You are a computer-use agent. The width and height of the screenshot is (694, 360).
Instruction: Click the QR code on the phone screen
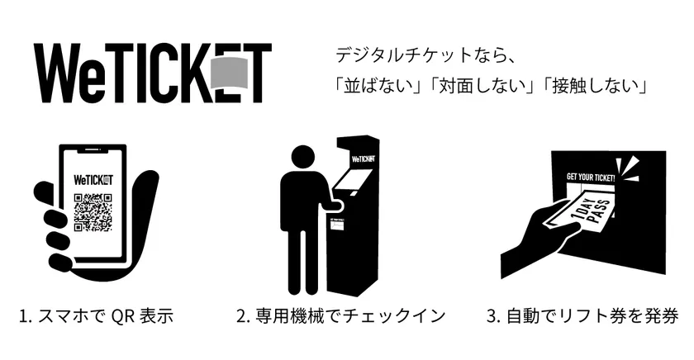(x=93, y=212)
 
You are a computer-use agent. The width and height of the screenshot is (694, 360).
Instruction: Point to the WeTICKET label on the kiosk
(x=364, y=159)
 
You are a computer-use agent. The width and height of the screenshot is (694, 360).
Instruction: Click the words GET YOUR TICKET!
(x=591, y=178)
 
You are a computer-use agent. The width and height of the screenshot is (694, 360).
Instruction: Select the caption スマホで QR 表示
(x=106, y=317)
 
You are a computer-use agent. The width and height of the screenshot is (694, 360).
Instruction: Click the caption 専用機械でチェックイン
(x=350, y=317)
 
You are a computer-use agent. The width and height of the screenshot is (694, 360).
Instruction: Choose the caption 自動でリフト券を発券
(x=592, y=317)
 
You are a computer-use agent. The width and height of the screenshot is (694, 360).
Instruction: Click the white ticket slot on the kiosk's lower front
(x=338, y=225)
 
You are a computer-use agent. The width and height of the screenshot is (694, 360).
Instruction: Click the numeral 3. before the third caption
(x=493, y=317)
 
